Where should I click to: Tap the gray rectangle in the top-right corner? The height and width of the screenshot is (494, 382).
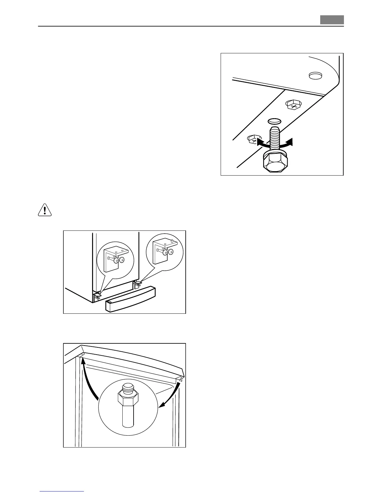[332, 20]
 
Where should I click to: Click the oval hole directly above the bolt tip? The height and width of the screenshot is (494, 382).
[274, 121]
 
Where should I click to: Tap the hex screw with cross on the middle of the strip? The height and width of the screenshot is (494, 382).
[294, 105]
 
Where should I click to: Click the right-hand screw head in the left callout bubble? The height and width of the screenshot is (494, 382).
[122, 260]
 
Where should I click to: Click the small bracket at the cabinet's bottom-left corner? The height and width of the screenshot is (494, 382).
[97, 296]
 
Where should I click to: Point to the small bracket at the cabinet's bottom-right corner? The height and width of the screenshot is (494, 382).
[138, 283]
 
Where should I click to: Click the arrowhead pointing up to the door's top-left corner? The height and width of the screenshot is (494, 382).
[83, 361]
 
